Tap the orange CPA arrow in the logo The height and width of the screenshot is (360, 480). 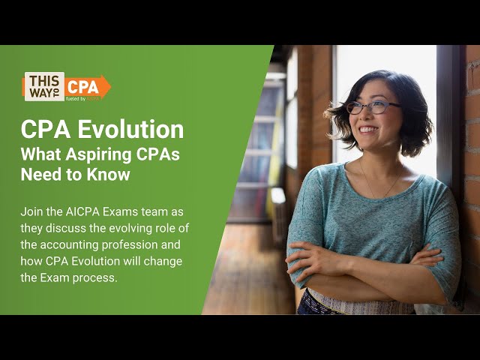pos(86,87)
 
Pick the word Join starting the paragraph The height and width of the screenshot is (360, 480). pos(32,212)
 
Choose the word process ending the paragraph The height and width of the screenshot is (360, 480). pos(94,277)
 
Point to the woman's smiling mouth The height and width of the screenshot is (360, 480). pos(368,130)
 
